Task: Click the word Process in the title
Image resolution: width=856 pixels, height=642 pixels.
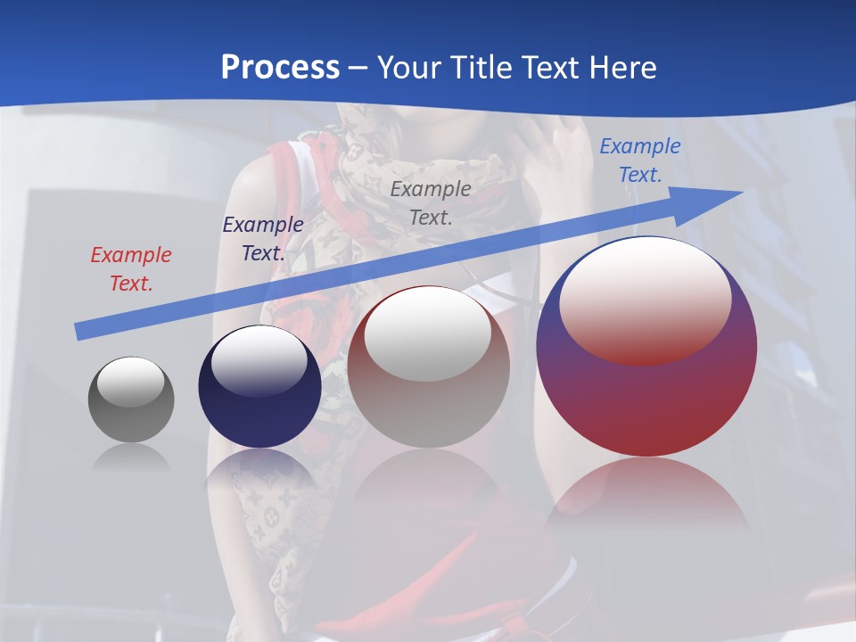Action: (x=280, y=67)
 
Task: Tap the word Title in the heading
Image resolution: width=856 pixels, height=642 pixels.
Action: (x=479, y=67)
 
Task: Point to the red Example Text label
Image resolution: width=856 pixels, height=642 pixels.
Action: (x=130, y=268)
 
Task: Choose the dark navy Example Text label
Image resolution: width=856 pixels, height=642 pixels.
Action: (x=262, y=238)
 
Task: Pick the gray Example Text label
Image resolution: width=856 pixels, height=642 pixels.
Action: (x=431, y=202)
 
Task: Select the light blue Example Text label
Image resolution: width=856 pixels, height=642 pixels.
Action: (x=639, y=160)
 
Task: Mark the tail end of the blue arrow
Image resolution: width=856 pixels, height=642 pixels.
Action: (x=78, y=332)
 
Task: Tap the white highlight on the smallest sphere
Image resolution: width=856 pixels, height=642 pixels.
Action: (x=130, y=382)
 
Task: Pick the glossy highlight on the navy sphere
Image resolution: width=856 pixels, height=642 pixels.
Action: (x=259, y=361)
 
